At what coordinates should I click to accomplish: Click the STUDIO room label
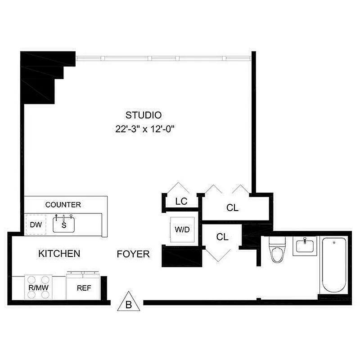coord(144,114)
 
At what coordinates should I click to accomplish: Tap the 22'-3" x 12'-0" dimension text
coord(144,129)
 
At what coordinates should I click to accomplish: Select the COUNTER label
coord(63,205)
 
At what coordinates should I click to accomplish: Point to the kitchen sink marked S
coord(63,224)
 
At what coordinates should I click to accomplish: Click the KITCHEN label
coord(59,254)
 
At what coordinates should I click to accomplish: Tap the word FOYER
coord(133,254)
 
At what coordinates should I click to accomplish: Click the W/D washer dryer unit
coord(182,229)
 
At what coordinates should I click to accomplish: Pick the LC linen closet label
coord(181,202)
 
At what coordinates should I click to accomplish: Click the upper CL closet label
coord(232,208)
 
